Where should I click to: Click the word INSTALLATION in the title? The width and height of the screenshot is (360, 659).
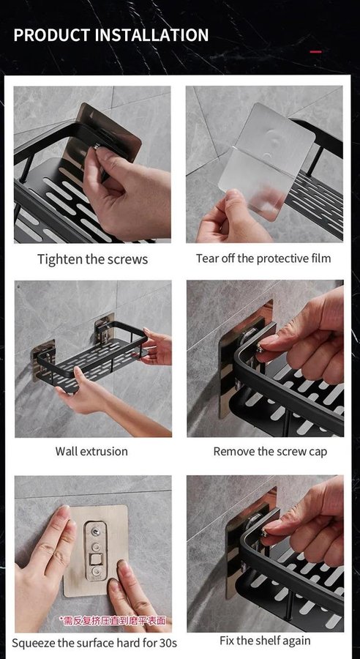[151, 35]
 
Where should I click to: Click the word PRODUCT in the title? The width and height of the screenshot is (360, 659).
[53, 35]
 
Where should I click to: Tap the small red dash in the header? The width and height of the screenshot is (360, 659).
[316, 52]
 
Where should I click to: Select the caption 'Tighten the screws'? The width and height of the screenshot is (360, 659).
[92, 259]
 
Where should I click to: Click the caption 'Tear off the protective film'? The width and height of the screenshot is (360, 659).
[263, 258]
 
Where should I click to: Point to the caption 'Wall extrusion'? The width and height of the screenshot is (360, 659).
[91, 451]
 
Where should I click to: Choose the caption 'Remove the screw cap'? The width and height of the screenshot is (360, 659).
[270, 452]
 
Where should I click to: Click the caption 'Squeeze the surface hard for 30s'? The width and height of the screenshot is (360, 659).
[94, 643]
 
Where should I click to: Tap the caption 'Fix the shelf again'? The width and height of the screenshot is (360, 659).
[265, 641]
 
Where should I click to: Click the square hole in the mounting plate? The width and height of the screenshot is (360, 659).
[96, 559]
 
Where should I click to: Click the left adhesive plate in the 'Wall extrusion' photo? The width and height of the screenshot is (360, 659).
[43, 360]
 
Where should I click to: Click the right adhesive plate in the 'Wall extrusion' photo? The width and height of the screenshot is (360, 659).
[105, 332]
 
